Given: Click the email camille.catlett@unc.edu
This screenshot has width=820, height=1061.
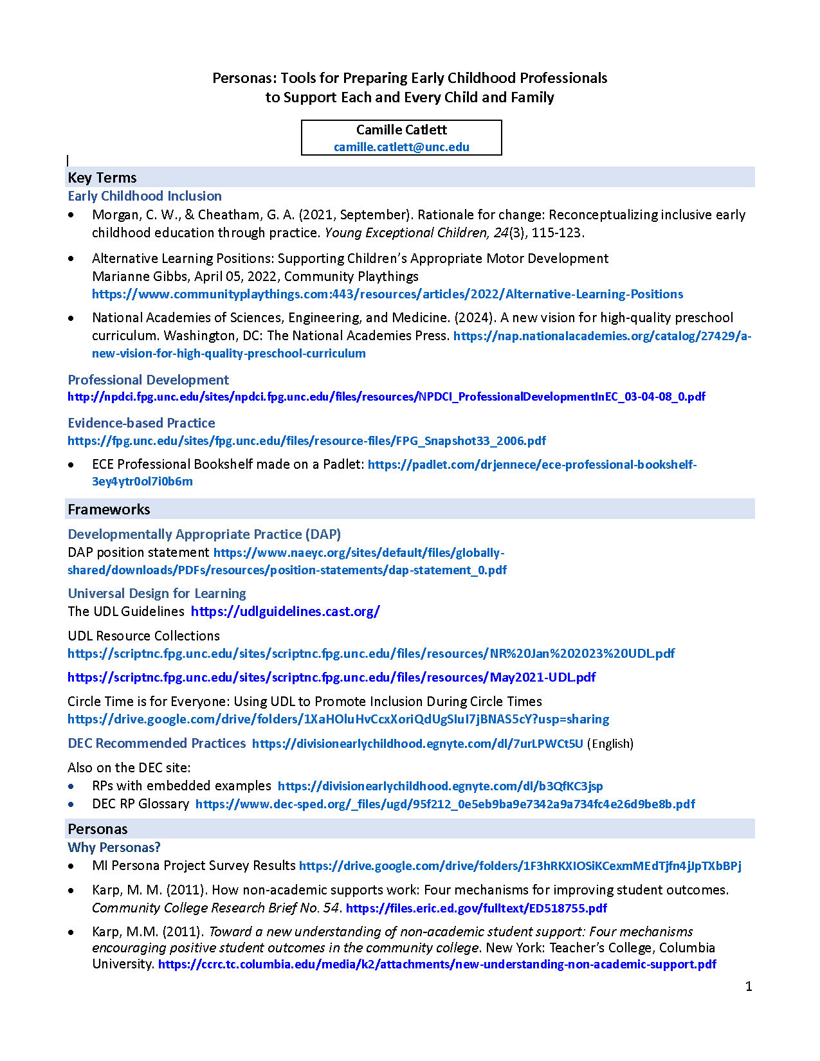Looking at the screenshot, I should [401, 147].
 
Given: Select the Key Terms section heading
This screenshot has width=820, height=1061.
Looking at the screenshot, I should [102, 177].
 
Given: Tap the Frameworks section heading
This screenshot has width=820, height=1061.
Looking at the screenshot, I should [109, 509].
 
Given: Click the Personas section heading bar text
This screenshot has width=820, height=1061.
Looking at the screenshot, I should [98, 829].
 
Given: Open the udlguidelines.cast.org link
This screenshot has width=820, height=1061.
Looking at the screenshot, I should [285, 611].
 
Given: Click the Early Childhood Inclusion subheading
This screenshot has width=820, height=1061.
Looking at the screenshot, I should [145, 196].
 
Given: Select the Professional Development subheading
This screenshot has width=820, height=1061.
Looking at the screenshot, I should [149, 379].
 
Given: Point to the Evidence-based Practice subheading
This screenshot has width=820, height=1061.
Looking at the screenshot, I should [141, 422].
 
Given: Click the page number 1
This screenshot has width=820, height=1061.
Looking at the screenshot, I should [749, 986].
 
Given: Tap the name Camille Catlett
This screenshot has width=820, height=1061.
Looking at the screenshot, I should [401, 129].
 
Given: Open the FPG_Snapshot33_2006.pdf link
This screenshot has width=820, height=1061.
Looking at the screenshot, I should [307, 440].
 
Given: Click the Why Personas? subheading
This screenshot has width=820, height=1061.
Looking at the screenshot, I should [114, 847].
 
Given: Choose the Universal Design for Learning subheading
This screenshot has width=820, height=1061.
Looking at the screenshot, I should [157, 593].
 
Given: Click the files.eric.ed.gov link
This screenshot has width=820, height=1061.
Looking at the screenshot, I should [477, 908].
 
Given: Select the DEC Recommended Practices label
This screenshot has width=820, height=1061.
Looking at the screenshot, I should [157, 743].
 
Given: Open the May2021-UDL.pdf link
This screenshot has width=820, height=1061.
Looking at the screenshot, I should [331, 677].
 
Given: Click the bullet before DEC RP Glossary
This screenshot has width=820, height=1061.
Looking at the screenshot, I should [71, 804].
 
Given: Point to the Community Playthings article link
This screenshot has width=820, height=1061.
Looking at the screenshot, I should [387, 294].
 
